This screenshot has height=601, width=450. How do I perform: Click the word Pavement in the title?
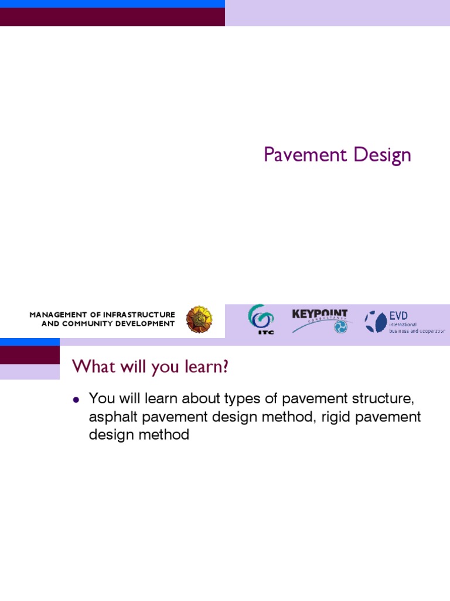299,156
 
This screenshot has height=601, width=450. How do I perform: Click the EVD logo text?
398,316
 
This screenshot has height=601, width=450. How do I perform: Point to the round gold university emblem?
199,320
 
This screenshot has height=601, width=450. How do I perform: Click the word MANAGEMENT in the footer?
56,315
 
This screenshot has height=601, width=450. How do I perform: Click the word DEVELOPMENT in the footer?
146,323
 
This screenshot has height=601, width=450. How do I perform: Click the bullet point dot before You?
76,400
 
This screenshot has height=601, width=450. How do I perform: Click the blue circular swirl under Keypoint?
340,327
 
